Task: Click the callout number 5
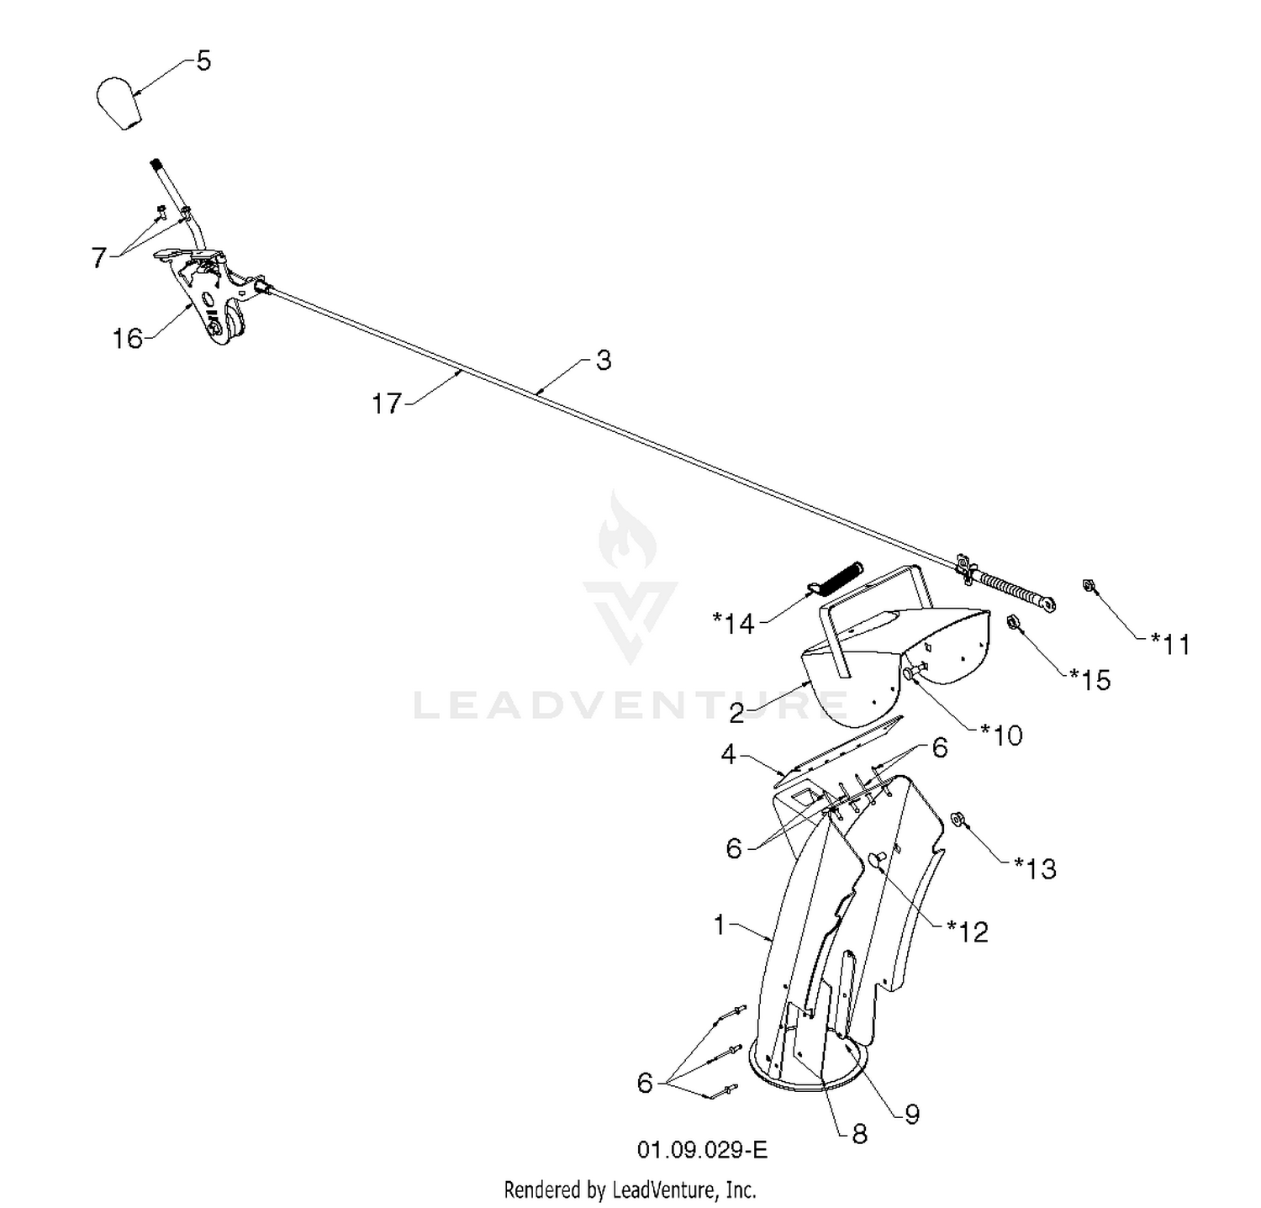click(203, 61)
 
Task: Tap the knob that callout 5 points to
click(118, 103)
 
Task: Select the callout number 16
click(128, 339)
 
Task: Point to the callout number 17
click(388, 404)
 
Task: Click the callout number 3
click(604, 361)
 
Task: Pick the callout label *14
click(734, 624)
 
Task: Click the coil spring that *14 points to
click(836, 578)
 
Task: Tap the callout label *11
click(1170, 644)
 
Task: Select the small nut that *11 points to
click(1088, 585)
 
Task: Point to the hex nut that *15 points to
click(1014, 622)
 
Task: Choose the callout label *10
click(1001, 736)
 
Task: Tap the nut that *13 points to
click(957, 819)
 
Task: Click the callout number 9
click(912, 1115)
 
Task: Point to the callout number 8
click(859, 1135)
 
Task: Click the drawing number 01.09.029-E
click(702, 1149)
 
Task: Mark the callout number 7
click(99, 258)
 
